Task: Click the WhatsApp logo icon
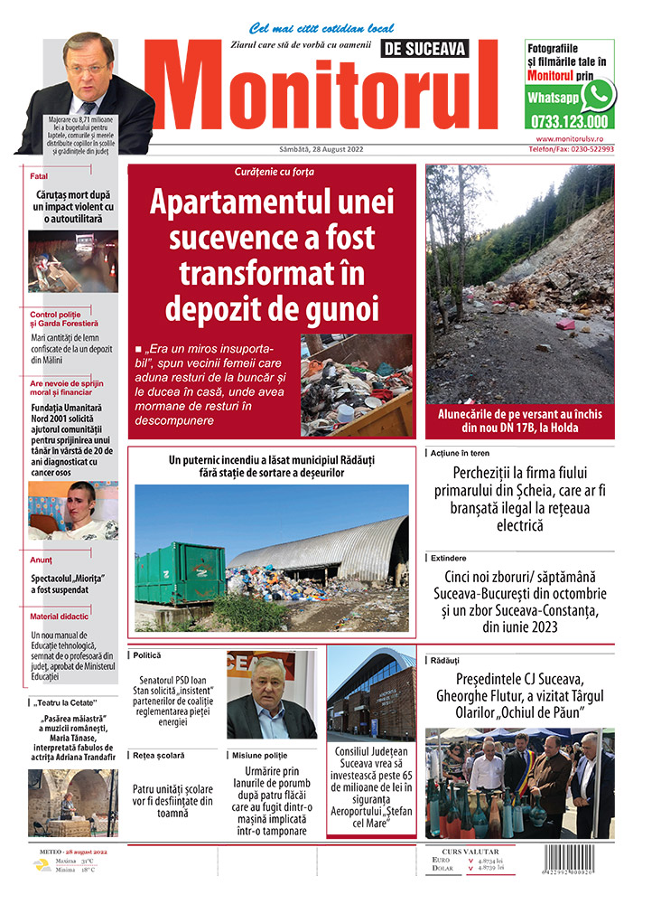pos(598,95)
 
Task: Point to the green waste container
pos(180,573)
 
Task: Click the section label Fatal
pos(39,176)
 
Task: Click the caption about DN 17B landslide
pos(519,421)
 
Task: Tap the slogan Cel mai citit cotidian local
pos(308,28)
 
